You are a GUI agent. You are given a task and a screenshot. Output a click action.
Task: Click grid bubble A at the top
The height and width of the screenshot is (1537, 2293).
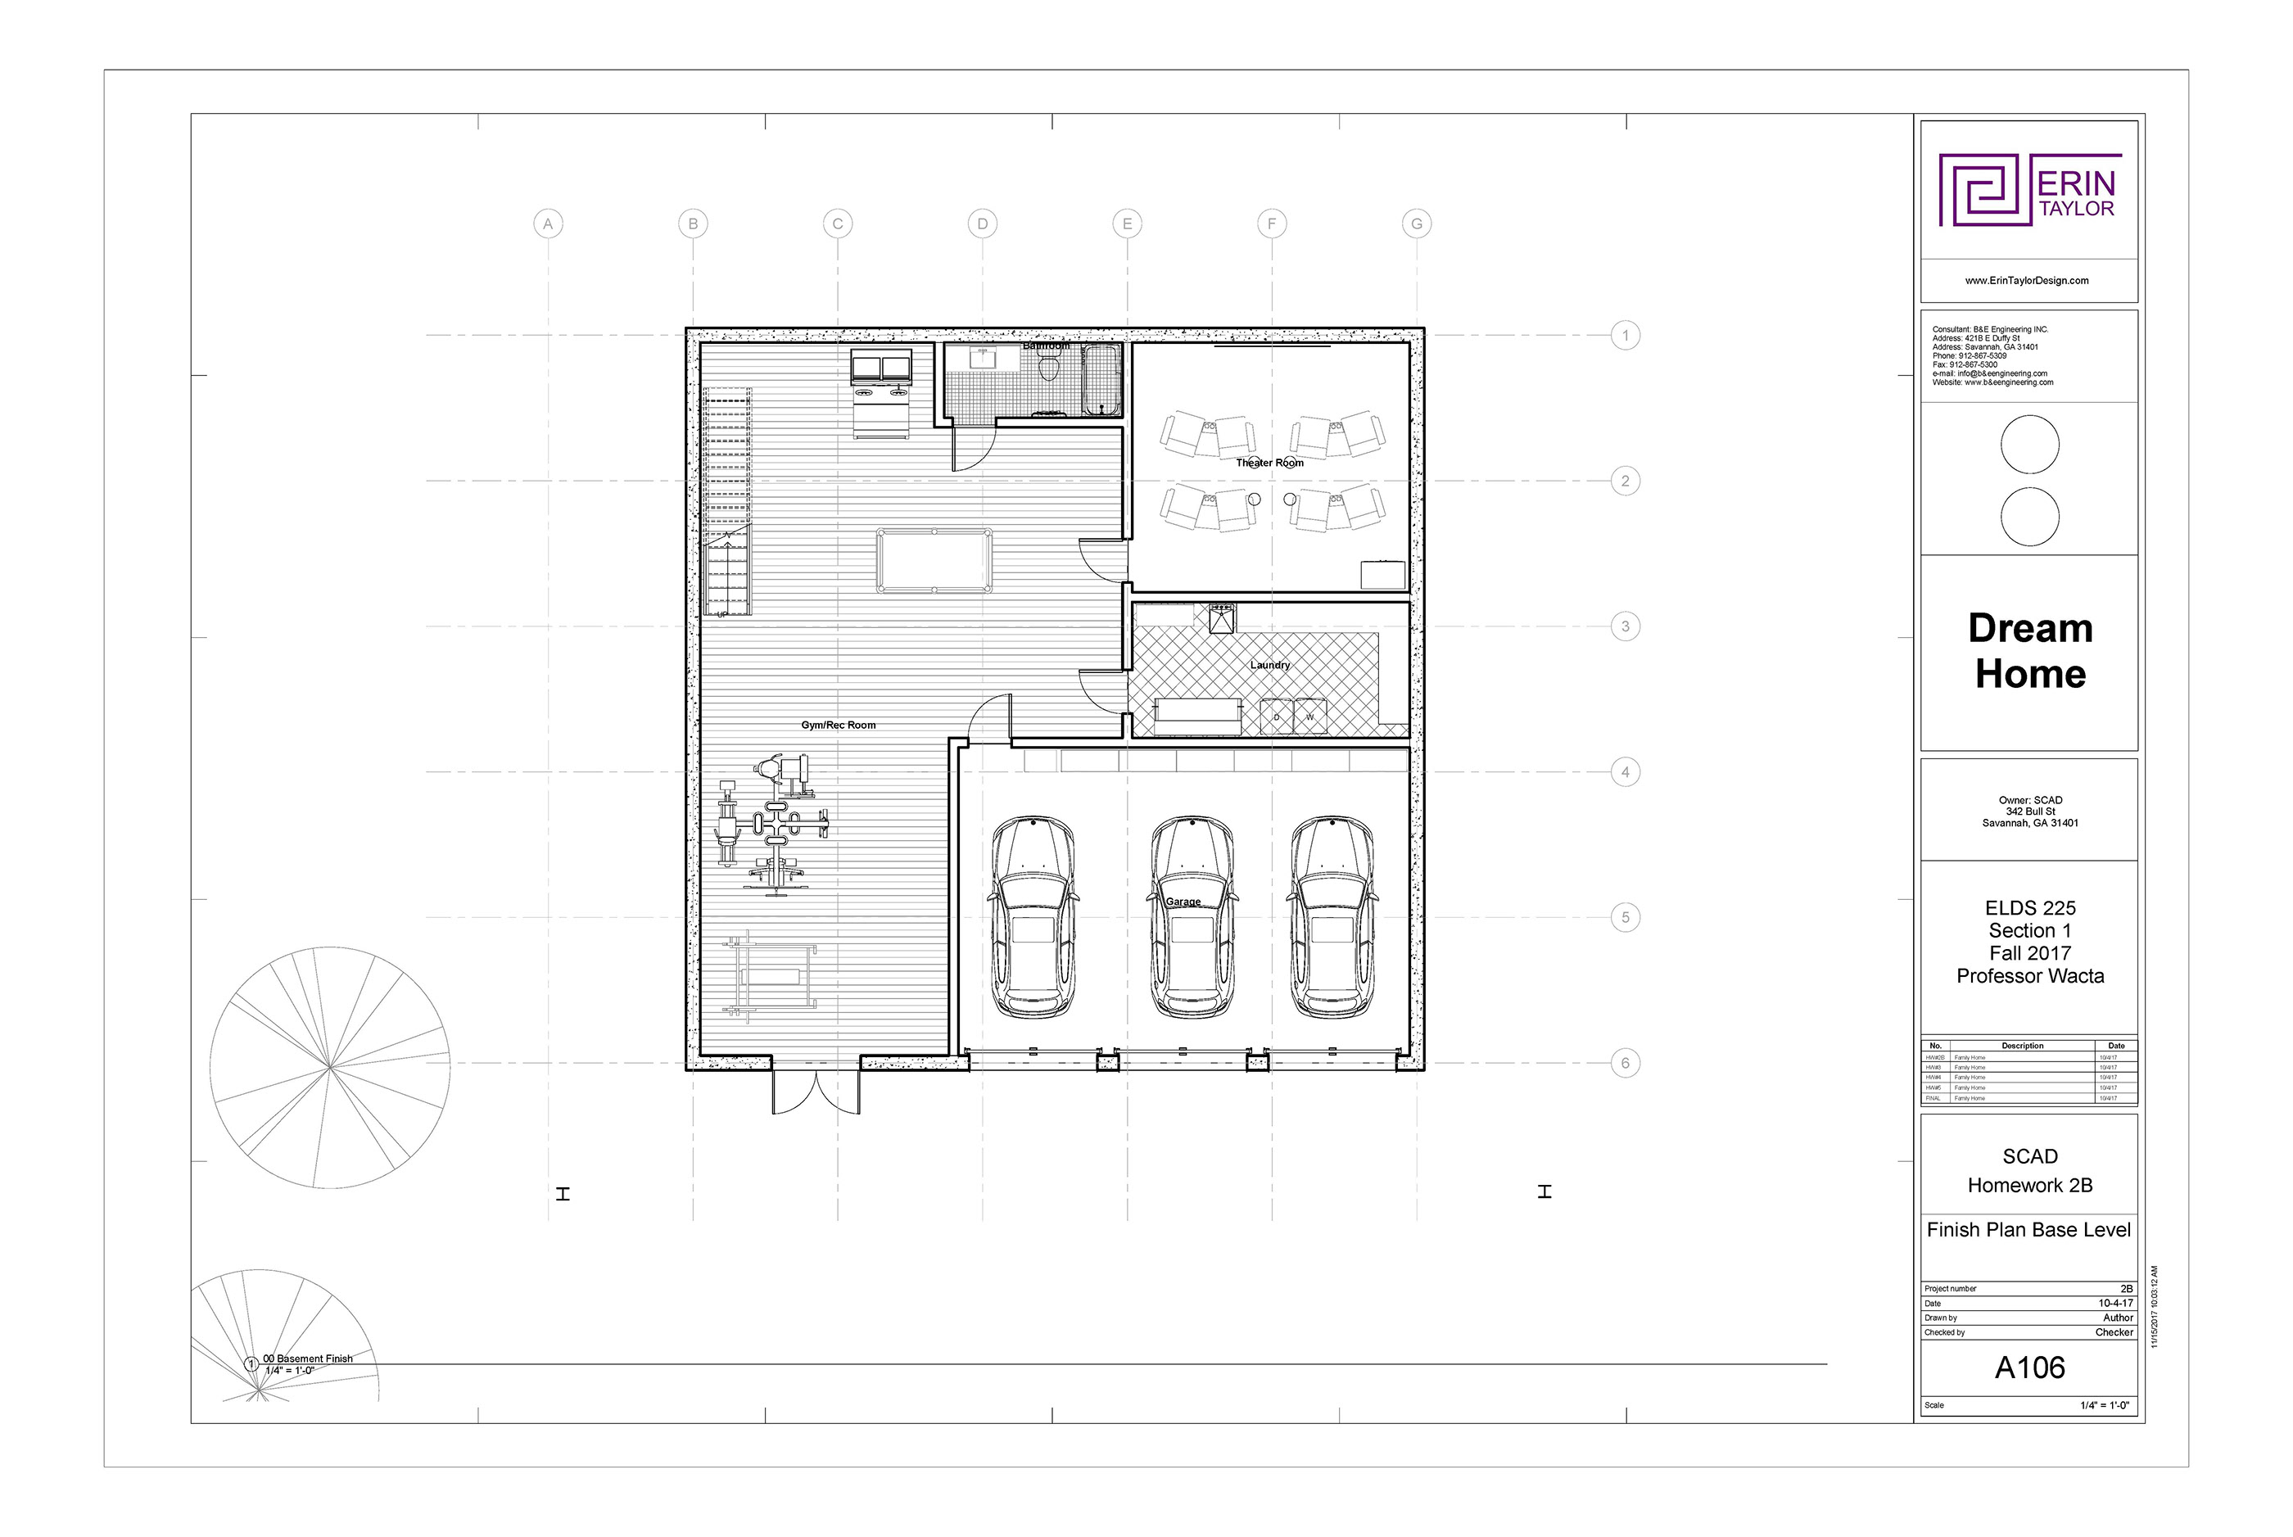point(548,224)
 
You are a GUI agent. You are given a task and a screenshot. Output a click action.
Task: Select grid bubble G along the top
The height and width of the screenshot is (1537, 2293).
point(1417,224)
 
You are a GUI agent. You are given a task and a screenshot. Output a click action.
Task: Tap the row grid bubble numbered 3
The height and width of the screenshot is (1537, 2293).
point(1626,626)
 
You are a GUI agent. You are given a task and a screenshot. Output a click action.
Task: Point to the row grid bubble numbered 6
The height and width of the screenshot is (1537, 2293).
point(1626,1063)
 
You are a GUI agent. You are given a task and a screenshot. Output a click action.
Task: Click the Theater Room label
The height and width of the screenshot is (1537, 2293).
point(1269,463)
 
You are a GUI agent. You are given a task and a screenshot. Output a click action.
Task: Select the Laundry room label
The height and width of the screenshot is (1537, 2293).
point(1269,665)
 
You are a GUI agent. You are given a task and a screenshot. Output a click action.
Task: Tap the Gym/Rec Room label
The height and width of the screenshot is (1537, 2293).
point(839,726)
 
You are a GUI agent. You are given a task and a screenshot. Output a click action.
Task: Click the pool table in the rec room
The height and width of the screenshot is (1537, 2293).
point(934,561)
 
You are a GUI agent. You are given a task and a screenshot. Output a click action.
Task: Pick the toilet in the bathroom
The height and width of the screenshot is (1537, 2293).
point(1049,368)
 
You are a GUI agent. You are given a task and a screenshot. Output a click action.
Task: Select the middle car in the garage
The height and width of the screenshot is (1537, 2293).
point(1192,916)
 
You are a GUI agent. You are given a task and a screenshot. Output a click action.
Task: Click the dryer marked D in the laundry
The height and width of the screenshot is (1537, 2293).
point(1277,717)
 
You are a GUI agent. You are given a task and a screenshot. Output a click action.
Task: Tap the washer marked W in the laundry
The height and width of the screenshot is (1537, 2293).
point(1309,717)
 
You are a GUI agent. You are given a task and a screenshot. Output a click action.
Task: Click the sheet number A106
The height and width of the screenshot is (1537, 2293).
point(2029,1367)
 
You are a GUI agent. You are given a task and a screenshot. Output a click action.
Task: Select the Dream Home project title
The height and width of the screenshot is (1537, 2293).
point(2029,651)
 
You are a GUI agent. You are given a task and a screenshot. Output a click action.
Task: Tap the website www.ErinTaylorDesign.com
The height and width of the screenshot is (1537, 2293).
point(2026,280)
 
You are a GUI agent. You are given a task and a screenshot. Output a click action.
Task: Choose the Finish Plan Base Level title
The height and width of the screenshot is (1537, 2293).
point(2028,1230)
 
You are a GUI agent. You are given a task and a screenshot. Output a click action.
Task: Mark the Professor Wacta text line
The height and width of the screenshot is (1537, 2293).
point(2029,976)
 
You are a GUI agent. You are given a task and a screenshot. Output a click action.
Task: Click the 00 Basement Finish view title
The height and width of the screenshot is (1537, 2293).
point(308,1358)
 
